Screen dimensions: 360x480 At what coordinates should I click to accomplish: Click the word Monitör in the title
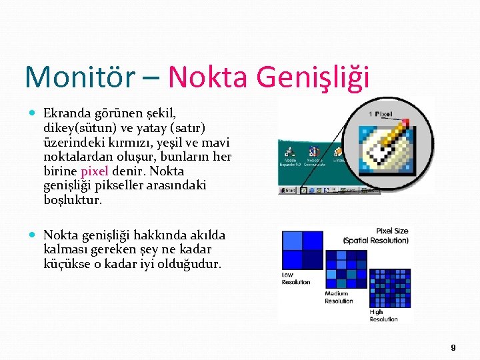(x=79, y=77)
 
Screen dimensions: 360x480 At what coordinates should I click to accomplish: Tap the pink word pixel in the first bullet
(x=94, y=170)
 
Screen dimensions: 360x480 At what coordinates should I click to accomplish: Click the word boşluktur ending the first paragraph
(x=73, y=199)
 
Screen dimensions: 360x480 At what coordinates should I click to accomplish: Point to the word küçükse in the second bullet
(x=65, y=263)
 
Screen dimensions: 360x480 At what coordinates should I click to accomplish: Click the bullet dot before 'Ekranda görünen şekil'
(x=34, y=114)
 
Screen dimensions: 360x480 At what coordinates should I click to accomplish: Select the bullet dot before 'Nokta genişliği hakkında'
(x=34, y=235)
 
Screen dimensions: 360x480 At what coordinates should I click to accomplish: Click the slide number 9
(x=453, y=347)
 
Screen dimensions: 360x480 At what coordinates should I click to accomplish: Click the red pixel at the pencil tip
(x=405, y=122)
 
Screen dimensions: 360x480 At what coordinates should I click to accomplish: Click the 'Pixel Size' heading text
(x=392, y=231)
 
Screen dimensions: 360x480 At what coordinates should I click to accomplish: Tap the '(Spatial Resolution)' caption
(x=375, y=240)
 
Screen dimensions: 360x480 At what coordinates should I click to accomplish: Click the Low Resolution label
(x=296, y=278)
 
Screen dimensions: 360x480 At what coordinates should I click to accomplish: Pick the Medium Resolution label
(x=339, y=297)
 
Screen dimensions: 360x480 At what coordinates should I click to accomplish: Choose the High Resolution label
(x=383, y=315)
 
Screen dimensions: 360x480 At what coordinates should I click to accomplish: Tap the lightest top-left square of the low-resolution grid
(x=292, y=240)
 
